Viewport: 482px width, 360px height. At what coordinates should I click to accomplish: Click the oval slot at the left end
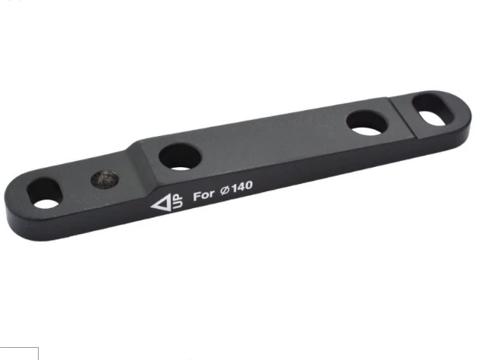coord(48,194)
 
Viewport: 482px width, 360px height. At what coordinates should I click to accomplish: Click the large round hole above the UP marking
coord(180,156)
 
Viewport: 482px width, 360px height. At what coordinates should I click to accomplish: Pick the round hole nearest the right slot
coord(367,122)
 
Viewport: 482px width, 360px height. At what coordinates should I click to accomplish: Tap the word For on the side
coord(203,194)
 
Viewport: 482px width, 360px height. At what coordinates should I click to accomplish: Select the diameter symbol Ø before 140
coord(225,189)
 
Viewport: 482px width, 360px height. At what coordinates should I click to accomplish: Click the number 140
coord(242,185)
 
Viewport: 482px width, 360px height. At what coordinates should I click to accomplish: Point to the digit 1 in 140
coord(235,187)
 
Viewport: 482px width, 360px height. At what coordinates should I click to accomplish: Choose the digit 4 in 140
coord(241,185)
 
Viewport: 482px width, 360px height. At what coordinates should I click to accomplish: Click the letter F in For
coord(197,195)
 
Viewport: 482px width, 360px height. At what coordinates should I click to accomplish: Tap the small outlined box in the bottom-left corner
coord(18,352)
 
